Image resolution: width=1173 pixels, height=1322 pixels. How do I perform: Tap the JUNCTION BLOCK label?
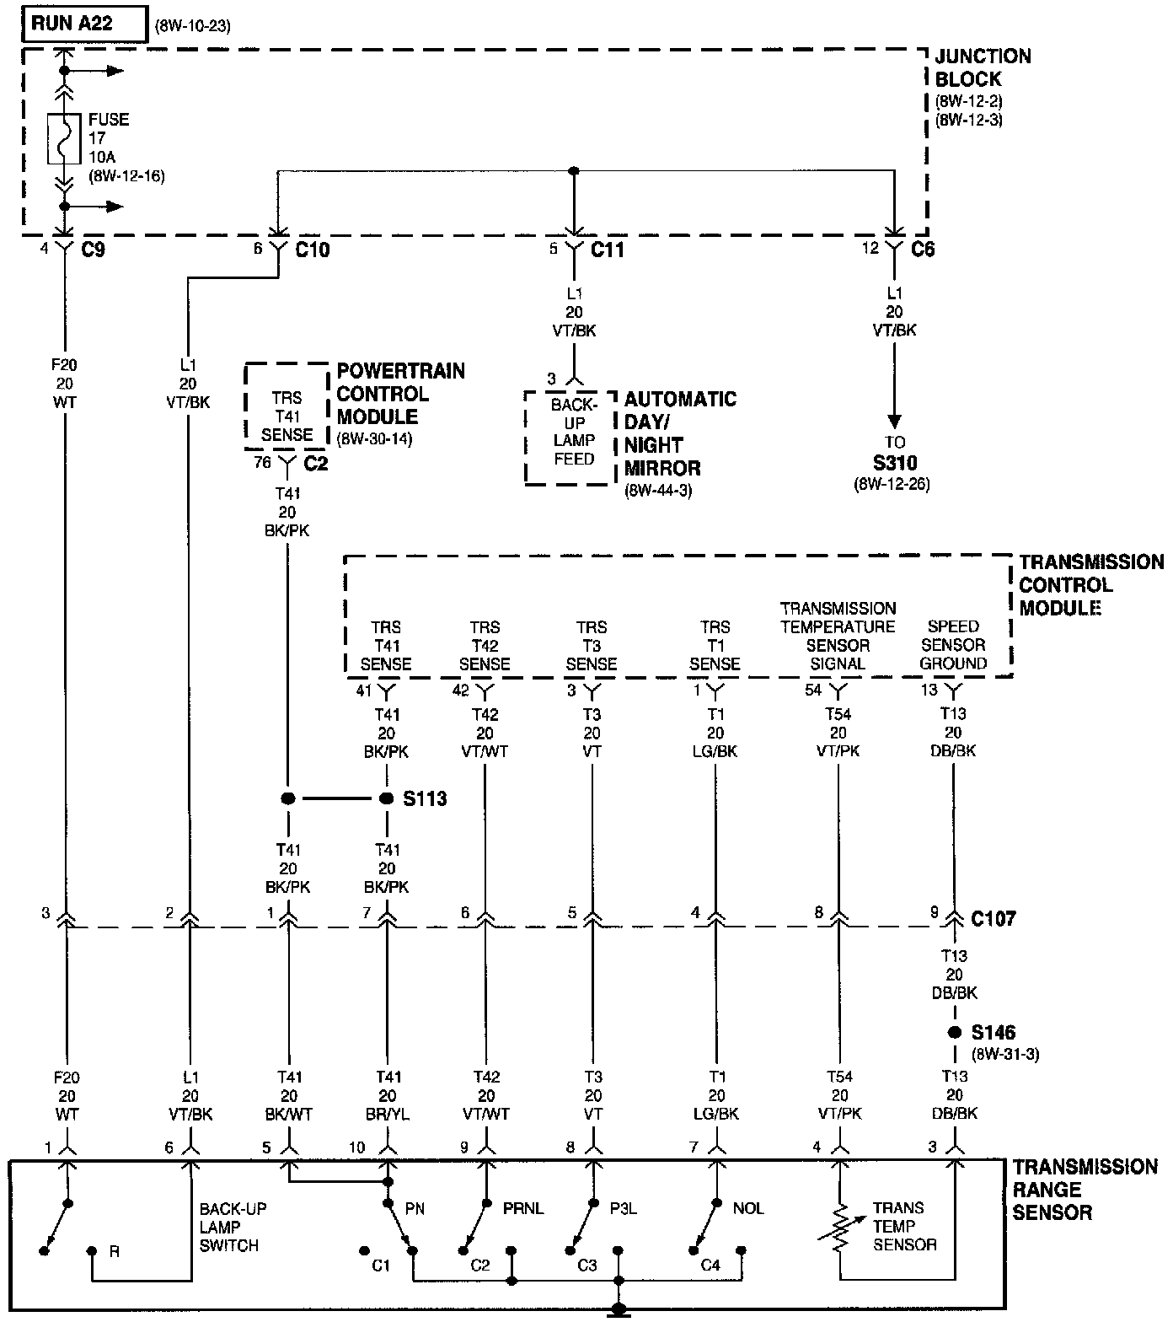tap(983, 67)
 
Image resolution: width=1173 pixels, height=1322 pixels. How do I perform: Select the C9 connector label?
tap(94, 250)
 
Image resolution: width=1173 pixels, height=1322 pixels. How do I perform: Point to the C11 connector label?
tap(607, 250)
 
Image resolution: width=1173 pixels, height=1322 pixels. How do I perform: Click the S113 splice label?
tap(425, 798)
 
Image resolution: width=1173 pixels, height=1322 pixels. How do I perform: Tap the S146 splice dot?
tap(954, 1033)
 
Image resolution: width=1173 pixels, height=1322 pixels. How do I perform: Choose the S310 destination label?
tap(896, 463)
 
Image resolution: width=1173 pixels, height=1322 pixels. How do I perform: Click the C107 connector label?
tap(994, 918)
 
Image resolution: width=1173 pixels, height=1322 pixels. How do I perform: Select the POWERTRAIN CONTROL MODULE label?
tap(400, 394)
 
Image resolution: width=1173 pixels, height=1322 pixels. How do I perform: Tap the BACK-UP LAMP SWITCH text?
tap(233, 1227)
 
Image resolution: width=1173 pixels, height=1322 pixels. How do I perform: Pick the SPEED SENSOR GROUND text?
tap(953, 645)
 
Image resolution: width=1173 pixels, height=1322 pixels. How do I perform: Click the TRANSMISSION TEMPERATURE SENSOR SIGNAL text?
tap(838, 636)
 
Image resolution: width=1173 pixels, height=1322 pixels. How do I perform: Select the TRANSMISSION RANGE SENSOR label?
tap(1085, 1190)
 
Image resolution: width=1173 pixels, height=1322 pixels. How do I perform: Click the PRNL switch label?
tap(524, 1209)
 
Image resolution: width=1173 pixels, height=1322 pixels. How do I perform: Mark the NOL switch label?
tap(748, 1209)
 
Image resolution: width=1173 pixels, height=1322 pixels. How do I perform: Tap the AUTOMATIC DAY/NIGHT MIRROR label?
tap(680, 433)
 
